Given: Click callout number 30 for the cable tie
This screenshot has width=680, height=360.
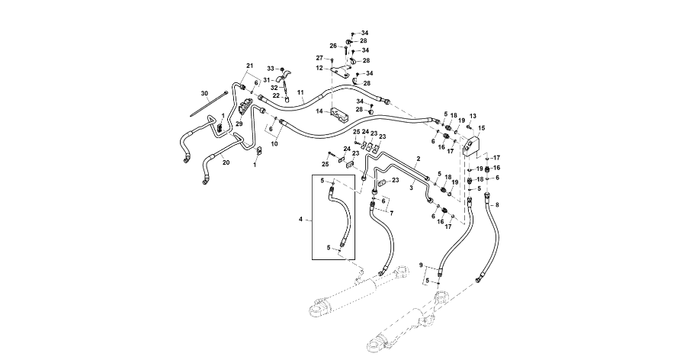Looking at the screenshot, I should point(204,94).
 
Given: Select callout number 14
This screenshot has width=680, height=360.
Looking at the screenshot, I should point(319,111).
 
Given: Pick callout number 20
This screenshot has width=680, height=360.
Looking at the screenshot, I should point(225,162).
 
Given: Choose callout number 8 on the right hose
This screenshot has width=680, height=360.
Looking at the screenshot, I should point(497,204).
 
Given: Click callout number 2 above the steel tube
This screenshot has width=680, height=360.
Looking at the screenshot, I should point(418,157).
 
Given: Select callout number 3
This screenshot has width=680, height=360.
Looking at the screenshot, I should point(411,186).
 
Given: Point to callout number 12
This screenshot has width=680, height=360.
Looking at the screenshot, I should point(320,68).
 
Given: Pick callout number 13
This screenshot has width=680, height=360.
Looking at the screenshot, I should point(471,117).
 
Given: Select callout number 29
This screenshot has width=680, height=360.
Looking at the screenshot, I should point(239,124).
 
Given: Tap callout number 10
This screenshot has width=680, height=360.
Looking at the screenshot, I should point(274,143).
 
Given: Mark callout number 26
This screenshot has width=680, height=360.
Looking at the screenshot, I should point(333,46).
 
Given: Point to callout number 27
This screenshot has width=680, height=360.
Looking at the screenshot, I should point(320,58).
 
